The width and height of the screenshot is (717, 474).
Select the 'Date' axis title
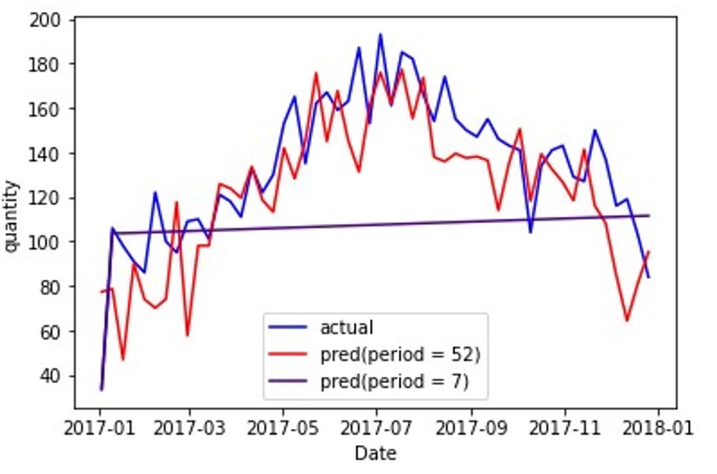pos(375,453)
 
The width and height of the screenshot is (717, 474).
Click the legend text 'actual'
pos(346,327)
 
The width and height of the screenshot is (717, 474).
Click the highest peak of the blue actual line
pos(380,35)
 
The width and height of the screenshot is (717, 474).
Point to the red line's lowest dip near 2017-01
pos(122,359)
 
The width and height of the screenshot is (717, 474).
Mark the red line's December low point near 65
pos(627,321)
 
